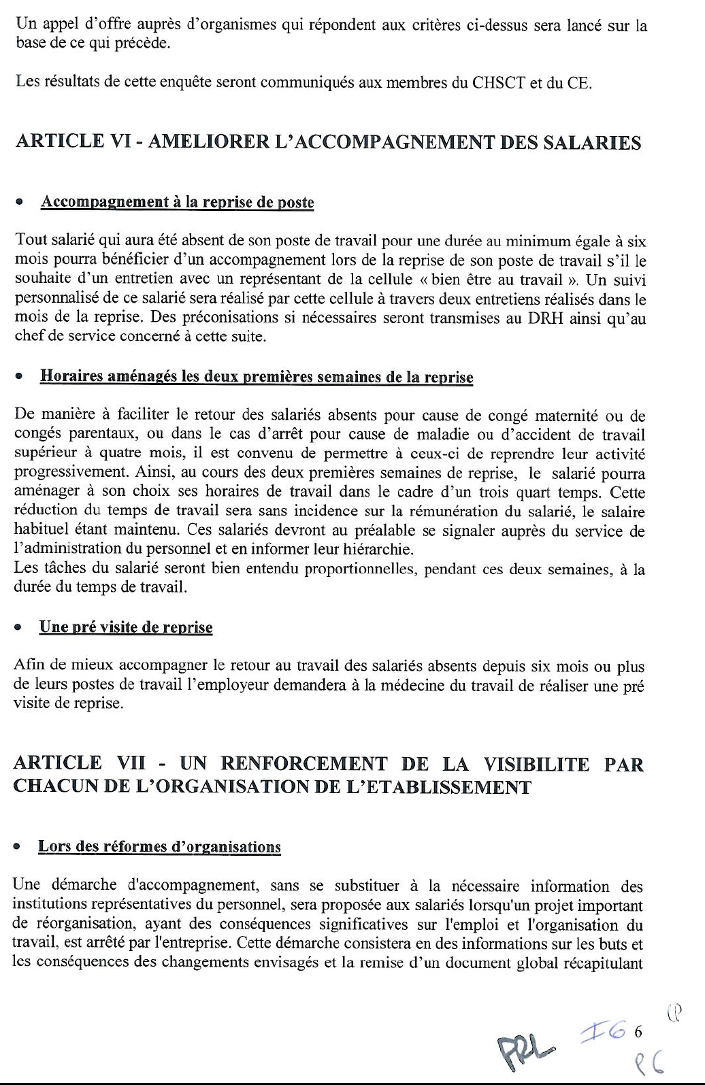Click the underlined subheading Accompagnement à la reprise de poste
click(177, 203)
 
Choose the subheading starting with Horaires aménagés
click(257, 378)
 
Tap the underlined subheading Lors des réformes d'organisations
click(159, 847)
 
